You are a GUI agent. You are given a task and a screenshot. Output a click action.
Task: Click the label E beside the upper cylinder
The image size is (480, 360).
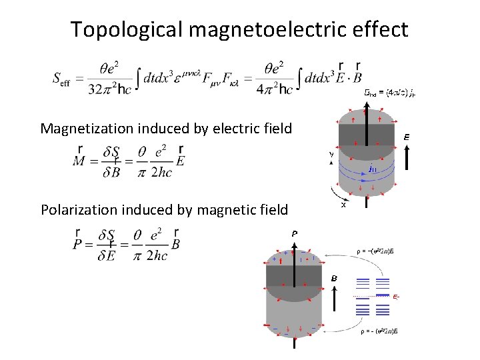(406, 137)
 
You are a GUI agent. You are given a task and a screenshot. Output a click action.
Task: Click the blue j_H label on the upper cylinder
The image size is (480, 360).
(374, 169)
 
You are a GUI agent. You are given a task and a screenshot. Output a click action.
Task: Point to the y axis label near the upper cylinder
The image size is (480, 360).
(331, 154)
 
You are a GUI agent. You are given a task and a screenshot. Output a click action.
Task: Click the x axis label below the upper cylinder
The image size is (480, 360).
(343, 205)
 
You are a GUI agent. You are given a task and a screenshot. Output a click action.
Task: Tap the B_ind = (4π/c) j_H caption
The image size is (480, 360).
(390, 94)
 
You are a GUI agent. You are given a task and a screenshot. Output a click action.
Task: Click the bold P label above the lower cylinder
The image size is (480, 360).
(293, 233)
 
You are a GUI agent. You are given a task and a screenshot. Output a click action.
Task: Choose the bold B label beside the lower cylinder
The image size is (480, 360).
(334, 277)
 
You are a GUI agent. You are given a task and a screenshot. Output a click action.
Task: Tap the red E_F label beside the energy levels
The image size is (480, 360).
(396, 296)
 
